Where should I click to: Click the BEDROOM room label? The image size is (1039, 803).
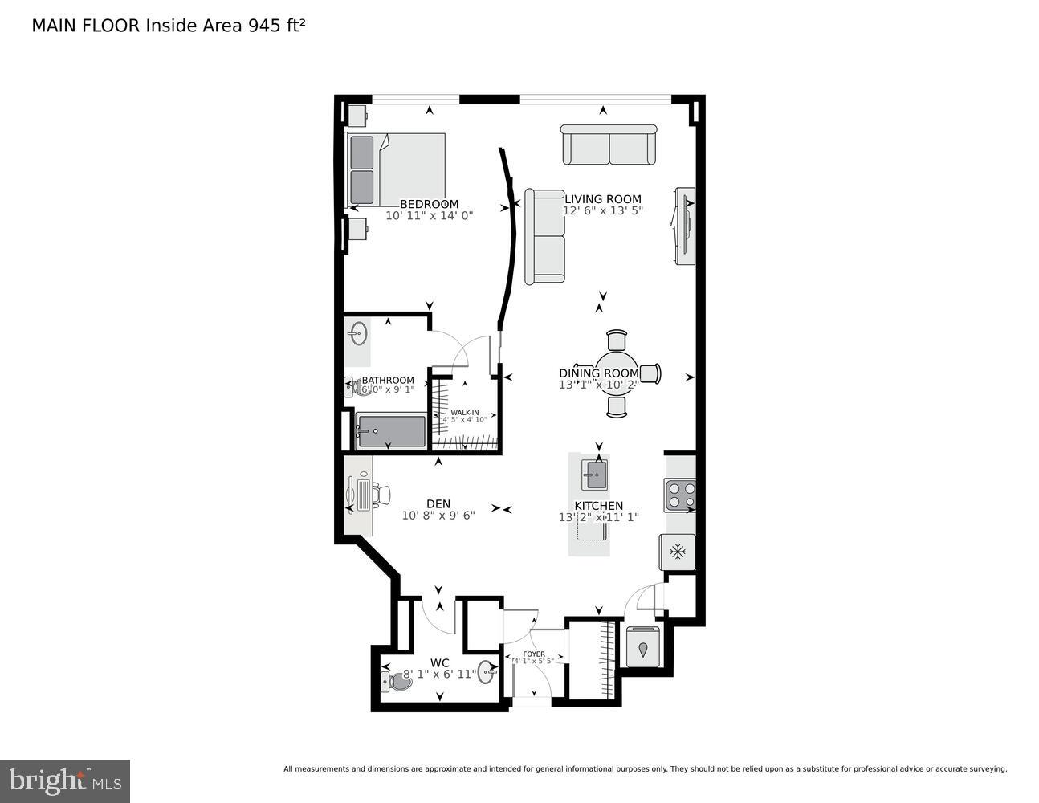point(429,204)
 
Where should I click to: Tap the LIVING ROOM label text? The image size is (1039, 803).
point(602,199)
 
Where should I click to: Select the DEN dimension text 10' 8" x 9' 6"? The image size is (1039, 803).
point(438,516)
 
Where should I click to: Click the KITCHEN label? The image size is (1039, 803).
point(599,506)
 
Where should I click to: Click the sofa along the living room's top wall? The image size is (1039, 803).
point(609,145)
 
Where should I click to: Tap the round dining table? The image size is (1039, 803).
point(616,373)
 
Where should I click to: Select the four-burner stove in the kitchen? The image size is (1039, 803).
point(679,495)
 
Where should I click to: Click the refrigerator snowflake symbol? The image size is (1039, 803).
point(678,552)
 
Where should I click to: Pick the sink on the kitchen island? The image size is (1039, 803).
point(595,475)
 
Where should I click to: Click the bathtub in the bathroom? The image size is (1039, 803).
point(391,432)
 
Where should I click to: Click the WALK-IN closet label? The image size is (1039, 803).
point(464,413)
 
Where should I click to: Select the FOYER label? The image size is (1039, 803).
point(533,654)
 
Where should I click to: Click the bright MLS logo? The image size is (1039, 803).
point(65,781)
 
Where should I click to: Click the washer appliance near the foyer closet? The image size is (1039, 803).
point(642,646)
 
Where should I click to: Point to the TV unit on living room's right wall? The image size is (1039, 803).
point(685,226)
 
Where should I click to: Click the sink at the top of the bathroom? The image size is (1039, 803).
point(358,332)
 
